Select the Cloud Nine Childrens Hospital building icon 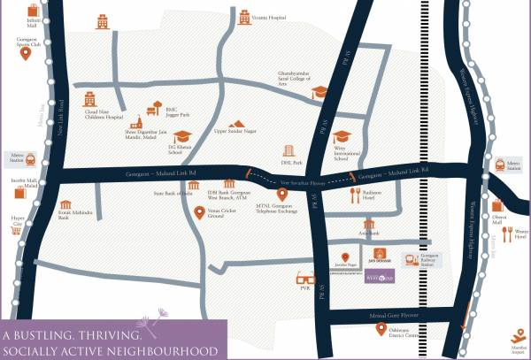(x=88, y=99)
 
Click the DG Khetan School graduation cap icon (x=182, y=136)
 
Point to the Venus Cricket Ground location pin (x=200, y=212)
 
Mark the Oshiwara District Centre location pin (x=379, y=331)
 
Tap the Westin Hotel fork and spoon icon (x=508, y=233)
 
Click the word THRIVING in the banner (x=109, y=337)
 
